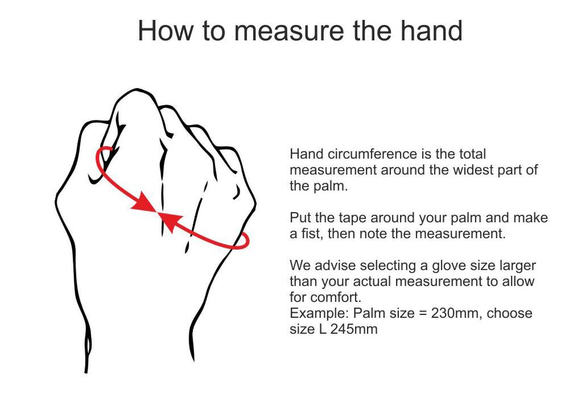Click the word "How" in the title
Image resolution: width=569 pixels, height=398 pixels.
(166, 31)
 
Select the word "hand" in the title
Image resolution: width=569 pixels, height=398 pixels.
(431, 31)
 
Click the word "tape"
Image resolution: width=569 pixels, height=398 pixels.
(351, 218)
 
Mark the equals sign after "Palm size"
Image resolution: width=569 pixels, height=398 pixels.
(423, 313)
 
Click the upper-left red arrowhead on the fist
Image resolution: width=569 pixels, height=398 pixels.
(145, 203)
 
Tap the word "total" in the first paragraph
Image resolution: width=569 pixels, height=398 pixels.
(472, 154)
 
